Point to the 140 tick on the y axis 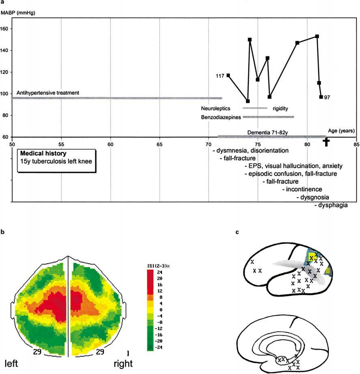(x=7, y=50)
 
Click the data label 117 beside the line (x=221, y=75)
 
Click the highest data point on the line (x=317, y=36)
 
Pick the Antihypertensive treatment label (x=48, y=93)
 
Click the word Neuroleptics (x=216, y=108)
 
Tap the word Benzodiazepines (x=221, y=117)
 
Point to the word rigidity (x=281, y=108)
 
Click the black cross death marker (x=326, y=142)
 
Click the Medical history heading (x=44, y=154)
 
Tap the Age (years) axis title (x=341, y=131)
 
